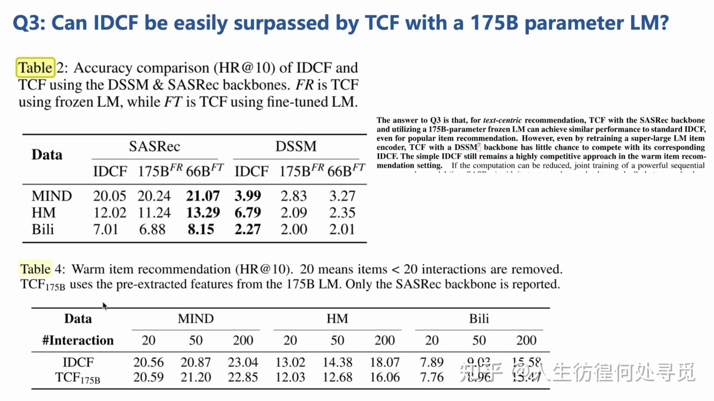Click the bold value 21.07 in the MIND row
point(203,196)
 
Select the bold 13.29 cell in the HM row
point(203,213)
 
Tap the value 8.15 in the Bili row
point(201,229)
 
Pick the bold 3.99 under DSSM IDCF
point(248,196)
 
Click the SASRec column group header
point(154,146)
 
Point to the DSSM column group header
point(296,146)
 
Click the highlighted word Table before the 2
point(35,68)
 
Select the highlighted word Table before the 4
point(35,269)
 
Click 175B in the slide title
point(494,23)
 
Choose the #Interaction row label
point(78,340)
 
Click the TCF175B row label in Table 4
point(77,378)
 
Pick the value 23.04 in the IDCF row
point(243,362)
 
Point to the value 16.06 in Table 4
point(385,377)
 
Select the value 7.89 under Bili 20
point(432,362)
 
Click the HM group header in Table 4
point(337,319)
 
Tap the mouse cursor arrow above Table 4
point(104,306)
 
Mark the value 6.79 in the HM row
point(248,213)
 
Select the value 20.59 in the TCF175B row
point(148,377)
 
